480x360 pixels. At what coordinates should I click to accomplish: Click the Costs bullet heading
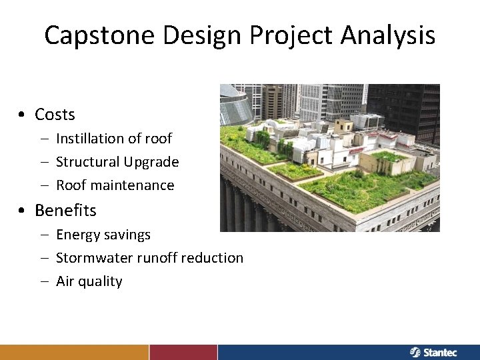(55, 115)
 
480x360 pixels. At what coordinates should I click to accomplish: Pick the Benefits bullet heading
(65, 210)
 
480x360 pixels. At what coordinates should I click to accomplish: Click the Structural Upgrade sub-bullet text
(117, 162)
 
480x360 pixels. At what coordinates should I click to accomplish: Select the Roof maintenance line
(115, 185)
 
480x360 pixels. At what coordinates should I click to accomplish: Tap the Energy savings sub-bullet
(103, 235)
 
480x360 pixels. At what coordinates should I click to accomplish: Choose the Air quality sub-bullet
(89, 281)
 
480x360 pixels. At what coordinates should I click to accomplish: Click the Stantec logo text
(440, 352)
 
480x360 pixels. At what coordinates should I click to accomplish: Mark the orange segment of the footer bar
(74, 352)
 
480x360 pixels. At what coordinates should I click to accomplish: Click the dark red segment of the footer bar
(183, 352)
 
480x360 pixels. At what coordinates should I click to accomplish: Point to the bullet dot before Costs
(23, 115)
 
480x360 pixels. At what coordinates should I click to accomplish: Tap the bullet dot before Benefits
(23, 211)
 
